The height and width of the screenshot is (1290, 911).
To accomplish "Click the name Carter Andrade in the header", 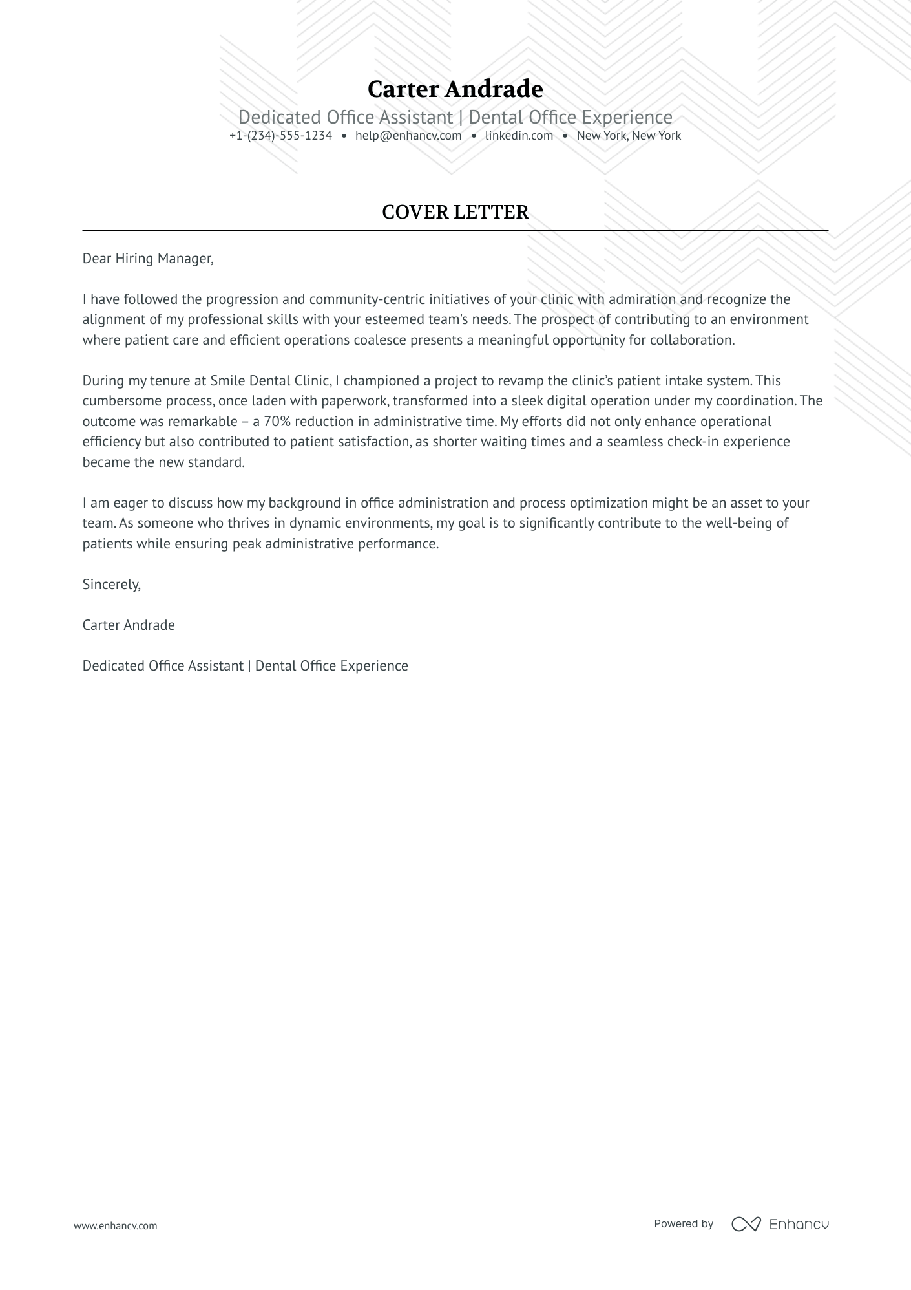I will (455, 89).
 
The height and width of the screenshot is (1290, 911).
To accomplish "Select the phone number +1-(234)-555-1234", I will (280, 136).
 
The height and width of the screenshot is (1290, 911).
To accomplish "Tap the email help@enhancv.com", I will (408, 136).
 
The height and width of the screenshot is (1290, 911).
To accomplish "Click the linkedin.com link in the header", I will (519, 136).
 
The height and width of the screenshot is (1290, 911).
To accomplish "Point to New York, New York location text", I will (629, 136).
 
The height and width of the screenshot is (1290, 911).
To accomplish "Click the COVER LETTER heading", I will (455, 212).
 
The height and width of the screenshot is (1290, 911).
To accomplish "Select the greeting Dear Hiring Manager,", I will (147, 259).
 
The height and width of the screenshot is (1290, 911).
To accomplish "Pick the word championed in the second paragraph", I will (370, 381).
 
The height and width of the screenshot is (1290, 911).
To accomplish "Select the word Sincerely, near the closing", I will (111, 585).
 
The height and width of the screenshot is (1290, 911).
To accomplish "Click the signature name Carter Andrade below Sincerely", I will (129, 625).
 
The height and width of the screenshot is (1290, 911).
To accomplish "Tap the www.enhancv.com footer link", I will (115, 1225).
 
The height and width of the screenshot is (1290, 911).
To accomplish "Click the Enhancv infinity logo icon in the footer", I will (746, 1224).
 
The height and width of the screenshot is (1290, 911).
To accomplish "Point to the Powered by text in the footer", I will (683, 1223).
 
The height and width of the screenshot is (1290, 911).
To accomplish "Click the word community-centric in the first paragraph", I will (366, 299).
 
